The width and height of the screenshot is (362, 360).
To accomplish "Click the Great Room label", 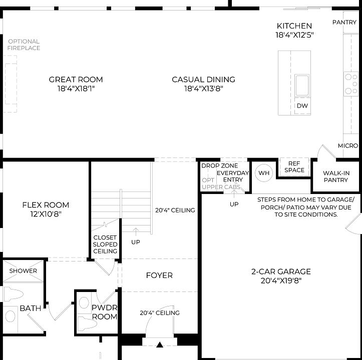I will pos(76,79).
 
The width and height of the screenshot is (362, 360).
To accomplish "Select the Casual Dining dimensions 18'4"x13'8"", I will pos(203,88).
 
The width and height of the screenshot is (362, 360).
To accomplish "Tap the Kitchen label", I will pos(294,26).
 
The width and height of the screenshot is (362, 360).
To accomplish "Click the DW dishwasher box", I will pos(302,106).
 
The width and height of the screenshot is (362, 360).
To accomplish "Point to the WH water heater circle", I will pos(264,173).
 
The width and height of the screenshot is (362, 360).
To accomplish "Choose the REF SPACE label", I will pos(294,166).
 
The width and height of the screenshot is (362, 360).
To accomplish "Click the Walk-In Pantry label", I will pos(335,176).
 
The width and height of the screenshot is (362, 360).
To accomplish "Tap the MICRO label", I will pos(347,145).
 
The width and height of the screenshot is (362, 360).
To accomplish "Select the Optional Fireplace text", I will pos(24,44).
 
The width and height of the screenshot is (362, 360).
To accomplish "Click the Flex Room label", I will pos(46,205).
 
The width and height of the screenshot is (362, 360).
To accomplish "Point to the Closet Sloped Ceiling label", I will pos(105,244).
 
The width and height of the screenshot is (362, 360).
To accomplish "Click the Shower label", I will pos(23,271).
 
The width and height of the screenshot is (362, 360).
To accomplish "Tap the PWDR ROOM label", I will pos(104,312).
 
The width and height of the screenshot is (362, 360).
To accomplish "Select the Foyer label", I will pos(159,275).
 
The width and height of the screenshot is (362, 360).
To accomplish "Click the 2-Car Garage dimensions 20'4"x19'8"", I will pos(281,280).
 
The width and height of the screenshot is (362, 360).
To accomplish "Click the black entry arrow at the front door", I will pos(160,344).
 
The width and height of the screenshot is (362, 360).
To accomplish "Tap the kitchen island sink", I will pos(302,85).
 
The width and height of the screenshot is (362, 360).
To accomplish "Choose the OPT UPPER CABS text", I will pos(221,183).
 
